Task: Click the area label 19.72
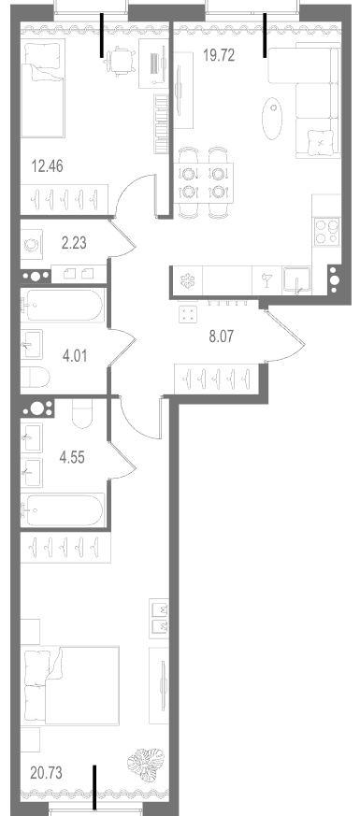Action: click(x=219, y=55)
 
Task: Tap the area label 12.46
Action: click(x=48, y=166)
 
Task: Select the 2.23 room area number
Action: click(x=74, y=242)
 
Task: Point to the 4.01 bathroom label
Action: click(x=75, y=356)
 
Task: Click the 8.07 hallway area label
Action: click(x=221, y=336)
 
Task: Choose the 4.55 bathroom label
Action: click(x=72, y=458)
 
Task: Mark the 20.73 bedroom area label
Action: click(x=47, y=773)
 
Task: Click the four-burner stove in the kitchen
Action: click(x=326, y=232)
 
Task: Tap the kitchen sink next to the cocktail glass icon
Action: click(x=296, y=281)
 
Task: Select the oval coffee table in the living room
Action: click(x=272, y=118)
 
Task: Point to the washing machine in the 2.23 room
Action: click(x=32, y=244)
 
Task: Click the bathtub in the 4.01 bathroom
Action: click(x=63, y=306)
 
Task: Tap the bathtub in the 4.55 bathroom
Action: click(x=63, y=510)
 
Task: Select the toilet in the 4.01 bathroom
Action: click(x=35, y=378)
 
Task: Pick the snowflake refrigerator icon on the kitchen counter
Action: click(x=187, y=281)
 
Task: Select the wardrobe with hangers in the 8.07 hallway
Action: click(x=216, y=379)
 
